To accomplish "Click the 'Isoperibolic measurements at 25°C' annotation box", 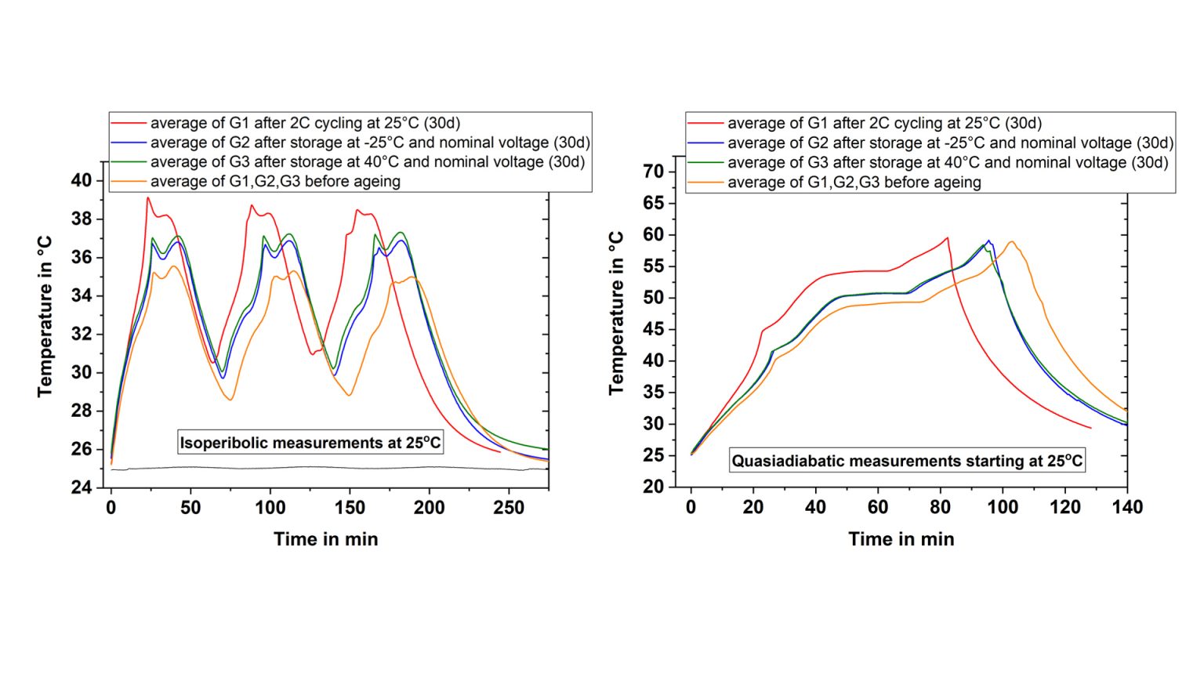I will (310, 443).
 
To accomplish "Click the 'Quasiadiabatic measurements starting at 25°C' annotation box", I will (907, 461).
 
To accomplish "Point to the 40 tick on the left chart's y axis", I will (82, 180).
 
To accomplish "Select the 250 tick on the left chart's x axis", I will (509, 508).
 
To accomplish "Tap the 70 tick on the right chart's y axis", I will (654, 172).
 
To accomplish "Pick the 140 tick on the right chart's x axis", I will (1127, 508).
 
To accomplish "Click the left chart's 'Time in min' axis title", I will (325, 539).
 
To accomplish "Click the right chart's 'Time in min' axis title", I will (901, 539).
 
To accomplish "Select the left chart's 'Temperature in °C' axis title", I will (45, 317).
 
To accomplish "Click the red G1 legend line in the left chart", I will (129, 123).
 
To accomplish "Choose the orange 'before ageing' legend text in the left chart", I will (275, 182).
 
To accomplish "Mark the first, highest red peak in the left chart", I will (147, 198).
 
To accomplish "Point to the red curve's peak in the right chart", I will (948, 237).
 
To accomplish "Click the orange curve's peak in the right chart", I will (1012, 241).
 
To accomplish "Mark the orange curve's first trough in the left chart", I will (230, 400).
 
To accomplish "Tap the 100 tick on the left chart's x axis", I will (270, 508).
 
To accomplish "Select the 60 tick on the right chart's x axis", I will (878, 508).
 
